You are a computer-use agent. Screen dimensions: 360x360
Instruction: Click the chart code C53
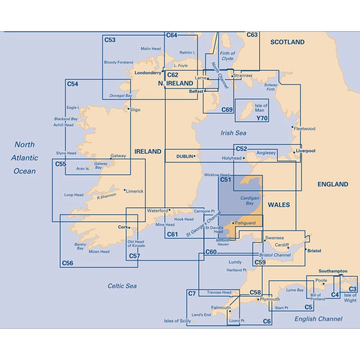[110, 40]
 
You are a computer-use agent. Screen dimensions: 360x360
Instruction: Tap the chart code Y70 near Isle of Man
[262, 118]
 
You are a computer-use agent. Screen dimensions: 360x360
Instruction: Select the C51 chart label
[226, 180]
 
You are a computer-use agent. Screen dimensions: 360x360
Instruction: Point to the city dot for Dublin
[194, 156]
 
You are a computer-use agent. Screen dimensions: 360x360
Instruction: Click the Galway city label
[118, 156]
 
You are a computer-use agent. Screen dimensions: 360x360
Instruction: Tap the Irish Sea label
[233, 133]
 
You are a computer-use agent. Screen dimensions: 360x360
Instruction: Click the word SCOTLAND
[287, 42]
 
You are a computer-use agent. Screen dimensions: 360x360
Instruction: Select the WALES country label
[279, 205]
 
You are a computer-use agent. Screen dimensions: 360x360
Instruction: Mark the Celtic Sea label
[122, 286]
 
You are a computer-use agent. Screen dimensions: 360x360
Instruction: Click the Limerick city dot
[125, 190]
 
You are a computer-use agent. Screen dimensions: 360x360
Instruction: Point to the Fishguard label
[245, 223]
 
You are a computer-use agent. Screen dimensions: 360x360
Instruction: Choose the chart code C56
[67, 263]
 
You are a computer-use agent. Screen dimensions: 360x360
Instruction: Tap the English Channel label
[318, 319]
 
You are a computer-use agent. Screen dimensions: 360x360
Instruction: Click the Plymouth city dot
[258, 299]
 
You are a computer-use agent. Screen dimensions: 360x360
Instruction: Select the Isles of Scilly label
[177, 321]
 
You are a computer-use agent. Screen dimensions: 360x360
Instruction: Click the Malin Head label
[151, 49]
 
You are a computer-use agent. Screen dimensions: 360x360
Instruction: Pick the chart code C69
[227, 110]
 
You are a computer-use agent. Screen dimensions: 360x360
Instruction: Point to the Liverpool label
[305, 151]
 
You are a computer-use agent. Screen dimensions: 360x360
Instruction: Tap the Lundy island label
[235, 262]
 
